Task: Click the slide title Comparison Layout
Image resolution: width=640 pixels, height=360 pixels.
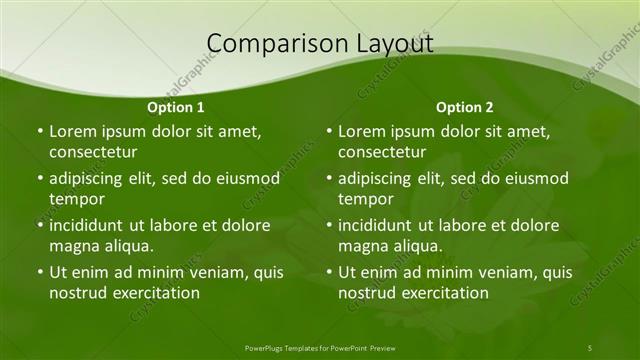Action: click(320, 43)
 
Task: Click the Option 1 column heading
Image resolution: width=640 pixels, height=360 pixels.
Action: click(176, 107)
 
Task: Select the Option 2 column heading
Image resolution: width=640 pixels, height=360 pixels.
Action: click(465, 107)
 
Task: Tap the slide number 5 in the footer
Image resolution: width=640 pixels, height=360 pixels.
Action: click(590, 347)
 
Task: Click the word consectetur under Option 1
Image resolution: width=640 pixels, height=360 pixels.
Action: click(93, 153)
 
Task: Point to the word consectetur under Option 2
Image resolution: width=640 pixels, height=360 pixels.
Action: click(382, 153)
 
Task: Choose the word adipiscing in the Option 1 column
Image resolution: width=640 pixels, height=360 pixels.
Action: click(90, 179)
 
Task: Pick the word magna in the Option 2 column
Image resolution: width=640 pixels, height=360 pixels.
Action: click(362, 246)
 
